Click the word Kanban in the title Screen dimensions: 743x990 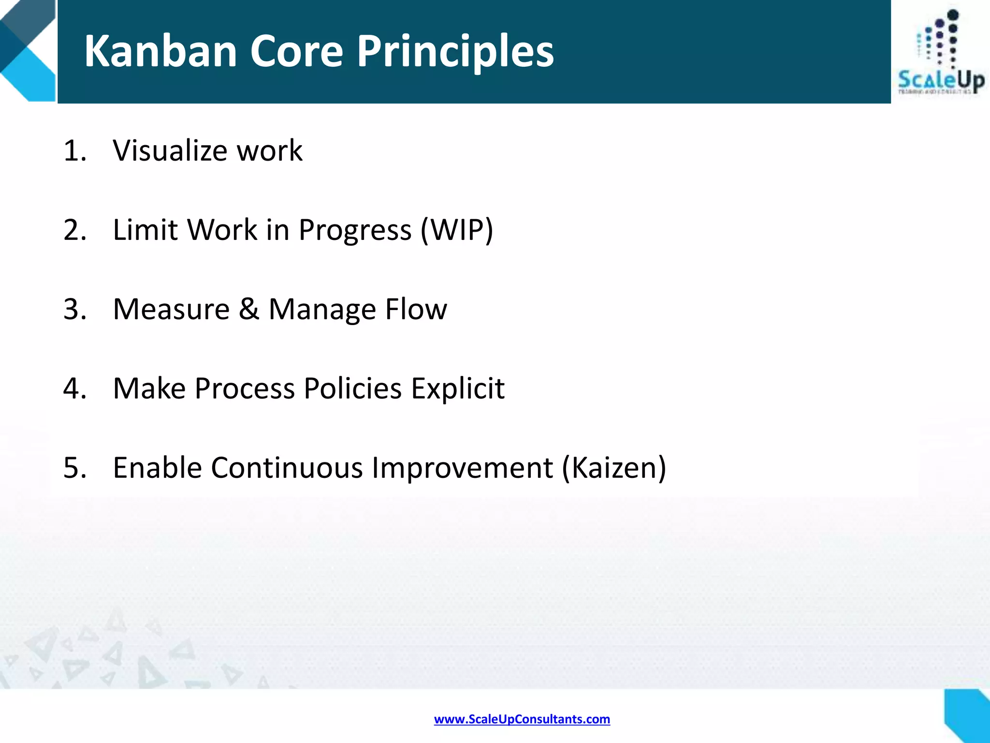[x=160, y=51]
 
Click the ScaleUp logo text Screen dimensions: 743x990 [x=941, y=80]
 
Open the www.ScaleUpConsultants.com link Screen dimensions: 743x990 [x=522, y=719]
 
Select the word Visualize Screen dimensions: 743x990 [x=170, y=150]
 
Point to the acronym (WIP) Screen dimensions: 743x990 [x=457, y=230]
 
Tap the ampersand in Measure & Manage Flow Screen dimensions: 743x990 [x=248, y=309]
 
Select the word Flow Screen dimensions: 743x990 [x=416, y=309]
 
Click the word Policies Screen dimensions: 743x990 [x=352, y=388]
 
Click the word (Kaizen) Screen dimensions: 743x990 [x=613, y=468]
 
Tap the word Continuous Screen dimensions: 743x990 [x=286, y=468]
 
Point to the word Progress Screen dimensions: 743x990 [x=355, y=230]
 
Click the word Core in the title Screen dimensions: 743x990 [x=296, y=51]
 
